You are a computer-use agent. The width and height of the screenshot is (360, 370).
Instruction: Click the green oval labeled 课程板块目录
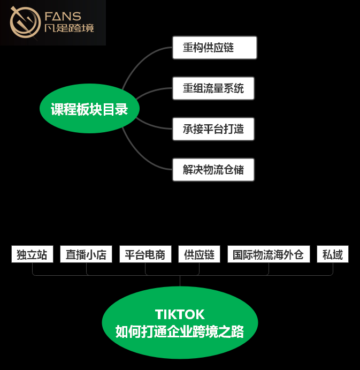coord(89,110)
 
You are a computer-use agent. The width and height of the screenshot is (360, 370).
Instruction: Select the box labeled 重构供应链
coord(215,48)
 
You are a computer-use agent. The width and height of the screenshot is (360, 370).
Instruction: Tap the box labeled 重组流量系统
coord(213,88)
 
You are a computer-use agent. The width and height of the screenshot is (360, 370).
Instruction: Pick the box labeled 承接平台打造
coord(213,129)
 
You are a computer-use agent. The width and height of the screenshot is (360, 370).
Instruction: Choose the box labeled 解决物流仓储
coord(213,170)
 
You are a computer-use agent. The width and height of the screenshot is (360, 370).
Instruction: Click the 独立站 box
coord(32,254)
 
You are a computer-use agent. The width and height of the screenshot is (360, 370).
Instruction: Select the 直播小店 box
coord(86,254)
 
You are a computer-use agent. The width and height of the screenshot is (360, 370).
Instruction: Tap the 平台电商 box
coord(145,254)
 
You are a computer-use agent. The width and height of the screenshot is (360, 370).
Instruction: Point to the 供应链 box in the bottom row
coord(199,254)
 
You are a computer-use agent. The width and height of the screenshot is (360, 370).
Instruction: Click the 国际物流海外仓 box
coord(268,254)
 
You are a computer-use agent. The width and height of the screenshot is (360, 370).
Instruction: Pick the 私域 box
coord(333,254)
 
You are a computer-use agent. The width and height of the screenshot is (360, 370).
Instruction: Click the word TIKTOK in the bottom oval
coord(180,314)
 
